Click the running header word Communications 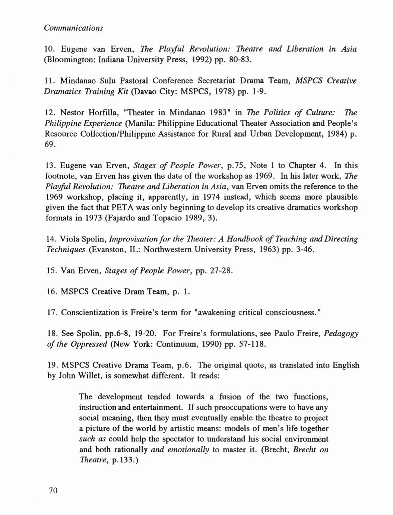(x=73, y=28)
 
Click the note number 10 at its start (x=50, y=49)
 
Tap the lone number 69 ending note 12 (x=50, y=144)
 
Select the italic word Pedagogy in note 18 (x=341, y=333)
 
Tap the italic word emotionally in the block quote (x=188, y=449)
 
